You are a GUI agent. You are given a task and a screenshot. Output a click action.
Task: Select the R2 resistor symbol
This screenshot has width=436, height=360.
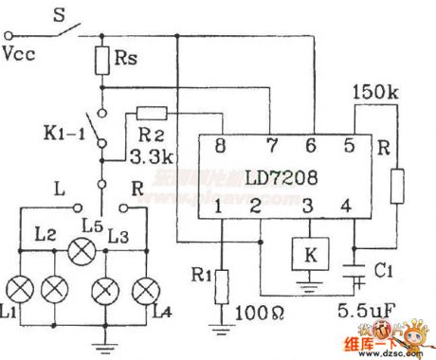pos(153,113)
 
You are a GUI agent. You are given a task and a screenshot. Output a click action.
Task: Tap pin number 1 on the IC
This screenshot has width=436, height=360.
pos(220,206)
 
